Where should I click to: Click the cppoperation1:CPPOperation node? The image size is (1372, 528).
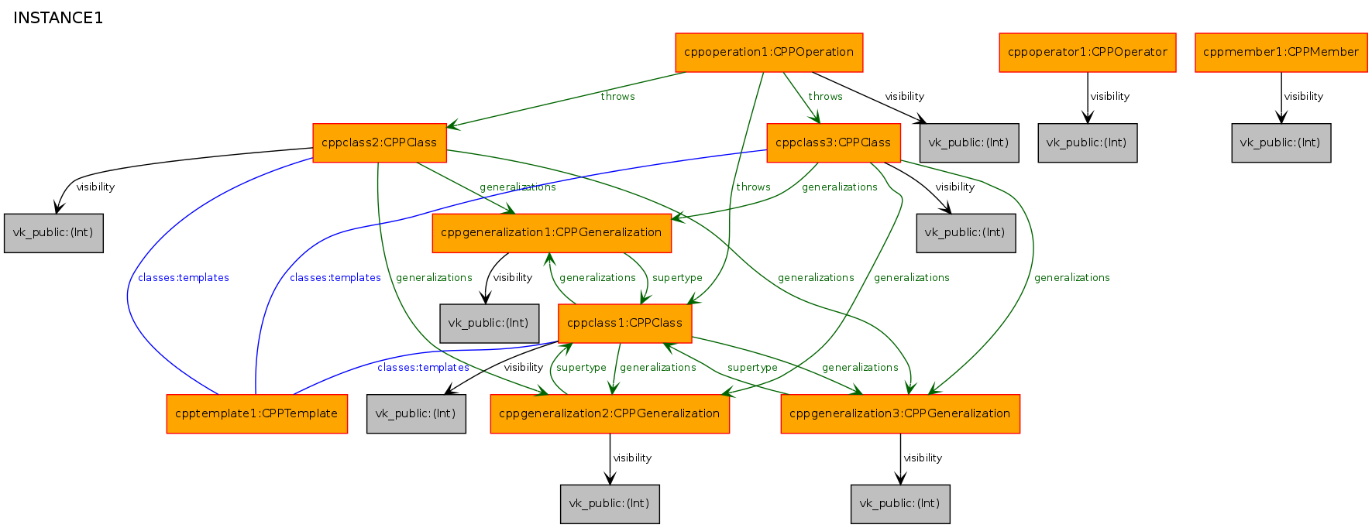point(769,53)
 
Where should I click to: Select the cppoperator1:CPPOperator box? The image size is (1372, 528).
point(1088,53)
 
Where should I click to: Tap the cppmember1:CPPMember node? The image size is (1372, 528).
point(1281,53)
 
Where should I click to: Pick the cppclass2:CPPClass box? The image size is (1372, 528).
point(380,143)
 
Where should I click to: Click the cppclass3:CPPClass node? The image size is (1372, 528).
point(834,143)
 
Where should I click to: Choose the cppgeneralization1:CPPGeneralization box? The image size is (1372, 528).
point(552,233)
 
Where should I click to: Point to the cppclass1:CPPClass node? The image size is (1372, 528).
point(625,324)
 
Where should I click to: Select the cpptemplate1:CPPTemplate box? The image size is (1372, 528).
point(257,414)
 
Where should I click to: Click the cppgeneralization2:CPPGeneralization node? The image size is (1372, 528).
point(610,414)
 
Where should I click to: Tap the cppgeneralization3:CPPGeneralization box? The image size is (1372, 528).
point(900,414)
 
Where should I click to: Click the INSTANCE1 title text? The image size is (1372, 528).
point(58,18)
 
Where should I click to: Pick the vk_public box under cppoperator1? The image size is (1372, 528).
point(1088,143)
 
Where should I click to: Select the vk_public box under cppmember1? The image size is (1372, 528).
point(1281,143)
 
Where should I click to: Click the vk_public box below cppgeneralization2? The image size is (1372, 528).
point(610,504)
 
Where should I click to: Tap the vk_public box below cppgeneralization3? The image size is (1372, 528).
point(900,504)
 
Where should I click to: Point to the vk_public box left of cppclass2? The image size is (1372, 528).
point(53,233)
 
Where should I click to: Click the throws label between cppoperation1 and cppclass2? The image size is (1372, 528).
point(617,97)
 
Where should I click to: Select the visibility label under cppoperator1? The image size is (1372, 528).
point(1110,97)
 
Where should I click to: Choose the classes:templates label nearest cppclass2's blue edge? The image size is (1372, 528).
point(184,278)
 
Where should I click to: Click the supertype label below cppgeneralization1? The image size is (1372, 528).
point(677,278)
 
